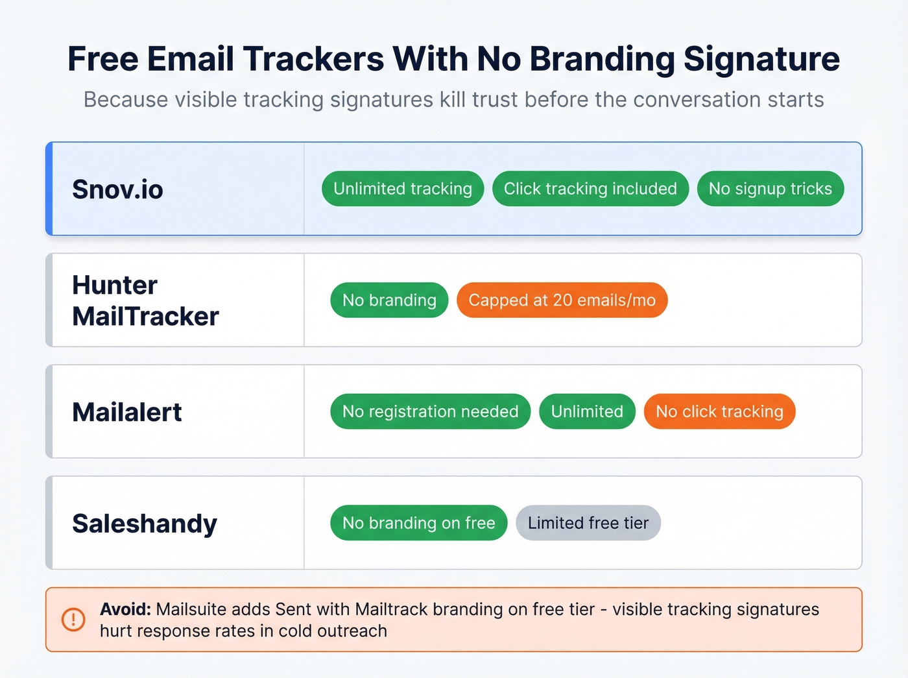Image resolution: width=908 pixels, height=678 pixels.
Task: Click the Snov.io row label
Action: (x=117, y=189)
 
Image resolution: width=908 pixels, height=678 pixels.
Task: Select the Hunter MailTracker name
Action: (x=145, y=300)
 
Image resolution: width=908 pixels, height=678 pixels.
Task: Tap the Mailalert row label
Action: (x=127, y=412)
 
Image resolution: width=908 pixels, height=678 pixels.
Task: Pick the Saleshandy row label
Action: (x=145, y=524)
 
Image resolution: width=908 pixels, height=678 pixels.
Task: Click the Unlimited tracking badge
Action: (x=403, y=189)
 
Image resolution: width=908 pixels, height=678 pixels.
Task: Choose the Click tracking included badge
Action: (x=590, y=189)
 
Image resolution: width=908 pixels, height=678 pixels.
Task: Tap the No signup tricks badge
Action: (x=770, y=189)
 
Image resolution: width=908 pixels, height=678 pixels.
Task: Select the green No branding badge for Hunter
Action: (x=389, y=300)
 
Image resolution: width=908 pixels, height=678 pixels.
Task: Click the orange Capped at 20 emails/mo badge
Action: (x=562, y=300)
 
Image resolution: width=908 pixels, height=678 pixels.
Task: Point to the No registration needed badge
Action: (x=430, y=411)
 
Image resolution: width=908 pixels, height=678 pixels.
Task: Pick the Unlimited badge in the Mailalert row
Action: (x=587, y=411)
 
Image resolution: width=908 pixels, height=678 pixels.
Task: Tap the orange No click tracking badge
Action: (x=719, y=411)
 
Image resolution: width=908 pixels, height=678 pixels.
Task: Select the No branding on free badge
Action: (x=418, y=523)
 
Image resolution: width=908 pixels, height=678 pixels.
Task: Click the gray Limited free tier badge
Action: (x=588, y=523)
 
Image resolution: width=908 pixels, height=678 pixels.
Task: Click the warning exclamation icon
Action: (x=73, y=620)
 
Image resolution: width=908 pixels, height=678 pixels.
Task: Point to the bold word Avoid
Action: (x=125, y=609)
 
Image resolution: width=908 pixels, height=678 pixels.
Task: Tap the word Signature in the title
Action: (x=761, y=59)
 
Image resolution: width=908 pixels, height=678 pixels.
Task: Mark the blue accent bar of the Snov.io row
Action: (x=49, y=189)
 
